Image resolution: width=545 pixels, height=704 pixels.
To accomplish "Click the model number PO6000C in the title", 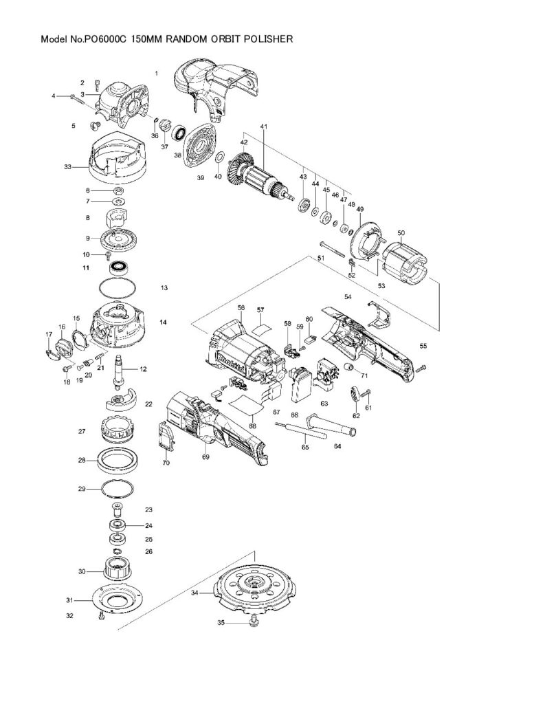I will click(x=105, y=39).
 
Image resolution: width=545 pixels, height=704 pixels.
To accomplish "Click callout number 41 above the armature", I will click(x=263, y=127).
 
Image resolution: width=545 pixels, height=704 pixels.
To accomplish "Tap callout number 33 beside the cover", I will click(x=67, y=166).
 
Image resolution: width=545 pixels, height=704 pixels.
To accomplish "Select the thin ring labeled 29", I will click(x=118, y=489).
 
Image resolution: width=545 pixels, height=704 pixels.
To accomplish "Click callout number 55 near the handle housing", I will click(x=423, y=345).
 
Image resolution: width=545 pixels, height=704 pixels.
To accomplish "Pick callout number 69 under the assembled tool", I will click(x=205, y=456).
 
